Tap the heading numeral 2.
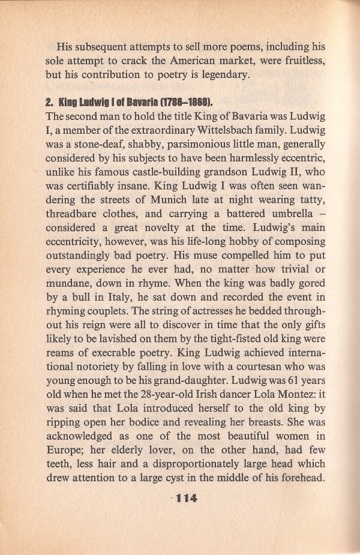coord(49,99)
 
